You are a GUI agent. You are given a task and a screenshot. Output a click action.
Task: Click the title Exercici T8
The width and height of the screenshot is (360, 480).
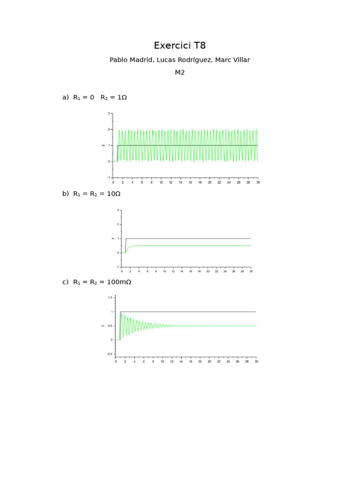180,45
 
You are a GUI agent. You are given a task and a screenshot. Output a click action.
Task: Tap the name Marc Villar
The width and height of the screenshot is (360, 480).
232,60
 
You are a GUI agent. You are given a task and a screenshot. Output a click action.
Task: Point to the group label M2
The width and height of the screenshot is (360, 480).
180,72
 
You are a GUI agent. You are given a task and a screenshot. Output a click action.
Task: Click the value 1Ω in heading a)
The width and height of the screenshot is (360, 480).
122,97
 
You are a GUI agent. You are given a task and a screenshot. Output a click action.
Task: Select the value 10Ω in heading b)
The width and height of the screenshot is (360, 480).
113,194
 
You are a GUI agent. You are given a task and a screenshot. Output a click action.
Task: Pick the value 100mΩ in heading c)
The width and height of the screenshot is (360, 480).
119,282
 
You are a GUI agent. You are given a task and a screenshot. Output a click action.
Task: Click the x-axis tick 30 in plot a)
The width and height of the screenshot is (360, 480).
258,182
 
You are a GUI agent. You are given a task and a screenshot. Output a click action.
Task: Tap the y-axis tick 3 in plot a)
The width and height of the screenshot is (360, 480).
109,113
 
